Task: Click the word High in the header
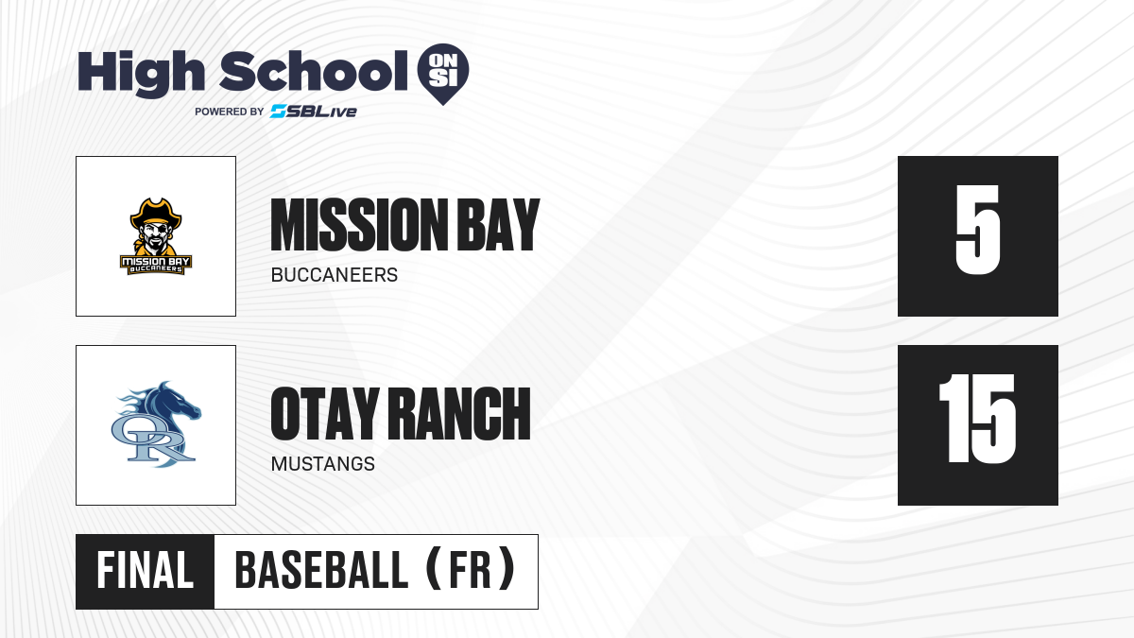coord(141,74)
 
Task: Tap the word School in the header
coord(314,71)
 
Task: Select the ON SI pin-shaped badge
coord(443,74)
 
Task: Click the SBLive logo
coord(314,112)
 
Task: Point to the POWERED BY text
coord(230,112)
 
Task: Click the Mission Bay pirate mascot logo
coord(156,236)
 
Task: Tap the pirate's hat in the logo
coord(155,214)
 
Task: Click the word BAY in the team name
coord(499,225)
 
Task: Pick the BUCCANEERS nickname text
coord(335,275)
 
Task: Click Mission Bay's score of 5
coord(978,230)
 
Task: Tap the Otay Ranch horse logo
coord(157,424)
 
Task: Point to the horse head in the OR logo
coord(172,405)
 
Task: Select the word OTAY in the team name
coord(324,414)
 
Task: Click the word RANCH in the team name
coord(459,414)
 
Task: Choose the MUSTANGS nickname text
coord(323,464)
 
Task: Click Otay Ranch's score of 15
coord(977,419)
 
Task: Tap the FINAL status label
coord(146,571)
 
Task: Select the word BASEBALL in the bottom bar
coord(321,571)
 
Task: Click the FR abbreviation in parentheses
coord(471,571)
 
